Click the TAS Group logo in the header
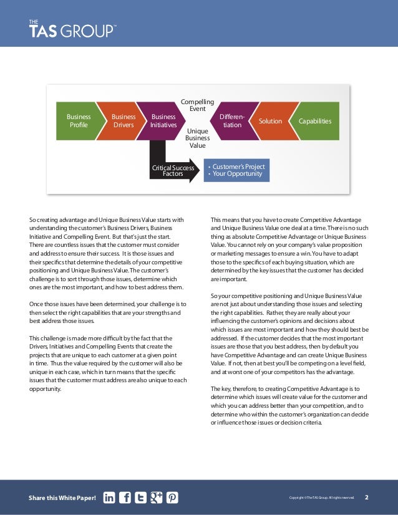(x=72, y=30)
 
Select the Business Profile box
(x=79, y=120)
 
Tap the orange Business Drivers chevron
(x=123, y=120)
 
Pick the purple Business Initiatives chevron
(x=163, y=120)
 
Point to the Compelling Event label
(x=197, y=105)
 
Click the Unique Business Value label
(x=197, y=138)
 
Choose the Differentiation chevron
(x=232, y=120)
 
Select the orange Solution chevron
(x=270, y=121)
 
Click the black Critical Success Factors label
(x=173, y=170)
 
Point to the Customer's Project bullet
(x=238, y=166)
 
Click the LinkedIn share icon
(x=109, y=498)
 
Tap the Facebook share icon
(x=125, y=498)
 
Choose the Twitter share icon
(x=140, y=498)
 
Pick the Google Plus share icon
(x=156, y=498)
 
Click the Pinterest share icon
(x=172, y=498)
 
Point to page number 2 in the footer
(x=366, y=498)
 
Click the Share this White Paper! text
(x=62, y=498)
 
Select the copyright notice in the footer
(x=322, y=498)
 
